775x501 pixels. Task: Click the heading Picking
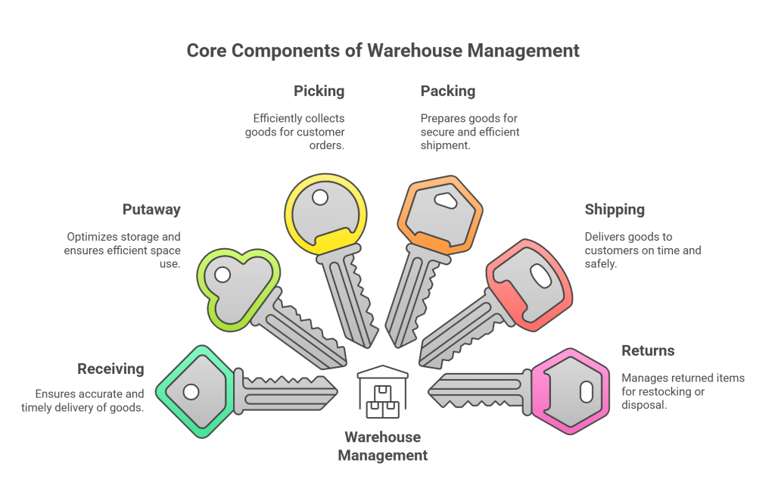point(319,91)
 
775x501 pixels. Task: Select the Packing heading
point(448,91)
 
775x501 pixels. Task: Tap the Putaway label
point(151,210)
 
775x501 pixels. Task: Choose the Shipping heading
point(615,210)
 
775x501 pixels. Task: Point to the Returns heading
point(648,350)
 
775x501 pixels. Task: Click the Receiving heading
point(110,369)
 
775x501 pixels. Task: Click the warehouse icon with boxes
point(382,392)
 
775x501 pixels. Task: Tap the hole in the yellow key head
point(320,198)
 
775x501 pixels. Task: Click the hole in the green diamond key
point(191,391)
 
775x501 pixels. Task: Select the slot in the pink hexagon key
point(586,391)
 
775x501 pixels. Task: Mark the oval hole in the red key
point(541,276)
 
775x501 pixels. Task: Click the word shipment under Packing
point(447,145)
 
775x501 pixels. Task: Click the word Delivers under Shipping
point(605,237)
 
